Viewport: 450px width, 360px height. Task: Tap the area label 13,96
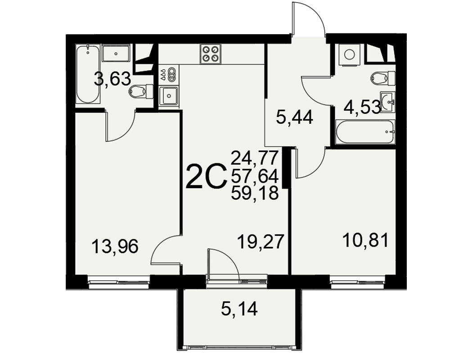click(x=115, y=246)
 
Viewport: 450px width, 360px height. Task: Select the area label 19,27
click(x=261, y=242)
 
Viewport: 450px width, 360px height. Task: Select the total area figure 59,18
click(x=255, y=193)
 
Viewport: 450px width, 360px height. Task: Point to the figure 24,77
click(x=255, y=158)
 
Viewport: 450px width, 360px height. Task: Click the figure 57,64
click(x=255, y=176)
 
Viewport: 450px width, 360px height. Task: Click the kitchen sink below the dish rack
click(x=169, y=96)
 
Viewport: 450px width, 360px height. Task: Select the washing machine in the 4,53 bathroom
click(x=349, y=54)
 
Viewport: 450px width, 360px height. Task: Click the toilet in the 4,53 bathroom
click(x=383, y=77)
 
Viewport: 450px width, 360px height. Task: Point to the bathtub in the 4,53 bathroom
click(x=365, y=132)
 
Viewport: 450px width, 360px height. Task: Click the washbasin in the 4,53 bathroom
click(x=388, y=101)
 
